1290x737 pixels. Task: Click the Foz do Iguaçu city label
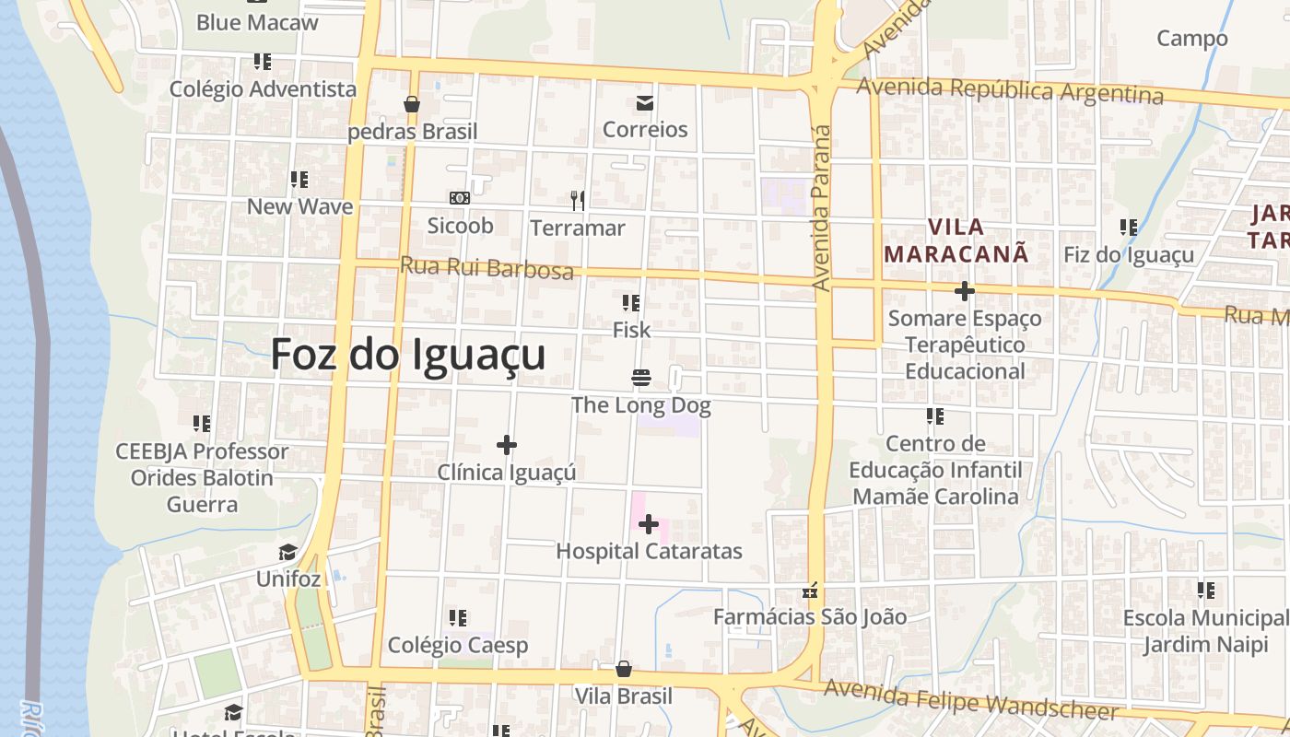click(408, 355)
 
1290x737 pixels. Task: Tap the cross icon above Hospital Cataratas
click(649, 525)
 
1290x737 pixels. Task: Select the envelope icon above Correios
click(645, 103)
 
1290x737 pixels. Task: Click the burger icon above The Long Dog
click(641, 378)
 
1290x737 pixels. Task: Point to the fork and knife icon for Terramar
click(578, 200)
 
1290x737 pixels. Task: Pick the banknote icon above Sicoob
click(460, 198)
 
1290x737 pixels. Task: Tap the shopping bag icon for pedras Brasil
click(412, 105)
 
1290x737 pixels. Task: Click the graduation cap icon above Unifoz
click(288, 553)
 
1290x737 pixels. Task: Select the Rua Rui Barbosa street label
click(487, 267)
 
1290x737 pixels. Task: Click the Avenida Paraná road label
click(822, 208)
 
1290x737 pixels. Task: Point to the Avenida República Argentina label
click(1010, 90)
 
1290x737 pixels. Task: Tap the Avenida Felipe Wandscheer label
click(971, 700)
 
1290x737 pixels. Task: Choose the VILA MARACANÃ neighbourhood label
click(956, 240)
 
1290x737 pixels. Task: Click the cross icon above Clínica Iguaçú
click(506, 446)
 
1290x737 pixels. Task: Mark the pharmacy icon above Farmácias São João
click(811, 591)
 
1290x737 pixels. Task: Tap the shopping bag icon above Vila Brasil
click(624, 669)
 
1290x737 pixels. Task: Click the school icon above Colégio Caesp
click(458, 618)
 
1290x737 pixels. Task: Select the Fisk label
click(631, 330)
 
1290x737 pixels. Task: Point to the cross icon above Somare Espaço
click(965, 292)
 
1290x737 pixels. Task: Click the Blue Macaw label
click(257, 23)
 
